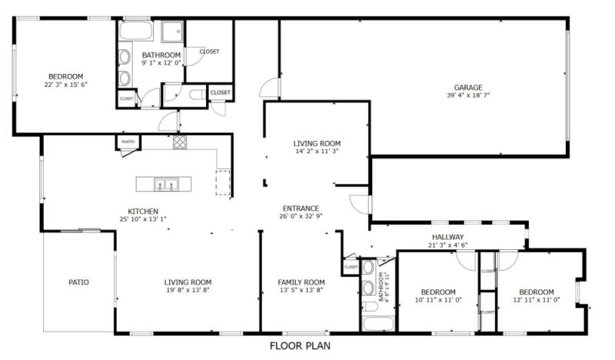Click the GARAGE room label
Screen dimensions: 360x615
click(x=467, y=87)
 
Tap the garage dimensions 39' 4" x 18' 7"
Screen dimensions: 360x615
click(x=467, y=95)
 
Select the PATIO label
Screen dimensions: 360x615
click(x=78, y=282)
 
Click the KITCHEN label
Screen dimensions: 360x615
click(x=143, y=211)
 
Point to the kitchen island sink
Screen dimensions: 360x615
click(x=166, y=185)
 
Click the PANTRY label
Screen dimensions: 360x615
click(x=128, y=142)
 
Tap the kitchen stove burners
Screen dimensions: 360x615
click(x=179, y=142)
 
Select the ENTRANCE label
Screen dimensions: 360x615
click(x=301, y=208)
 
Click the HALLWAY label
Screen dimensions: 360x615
click(x=448, y=237)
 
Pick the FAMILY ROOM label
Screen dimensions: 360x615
click(x=301, y=282)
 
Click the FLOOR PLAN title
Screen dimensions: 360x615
click(x=300, y=346)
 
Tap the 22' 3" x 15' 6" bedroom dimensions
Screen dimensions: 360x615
click(x=65, y=85)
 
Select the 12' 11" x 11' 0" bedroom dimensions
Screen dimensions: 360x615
click(x=536, y=300)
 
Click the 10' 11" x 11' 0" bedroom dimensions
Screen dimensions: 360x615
click(x=438, y=300)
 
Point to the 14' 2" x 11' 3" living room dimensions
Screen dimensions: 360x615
click(x=317, y=152)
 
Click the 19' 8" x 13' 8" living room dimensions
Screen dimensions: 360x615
click(x=188, y=290)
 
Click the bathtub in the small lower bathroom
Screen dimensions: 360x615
click(x=377, y=322)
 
